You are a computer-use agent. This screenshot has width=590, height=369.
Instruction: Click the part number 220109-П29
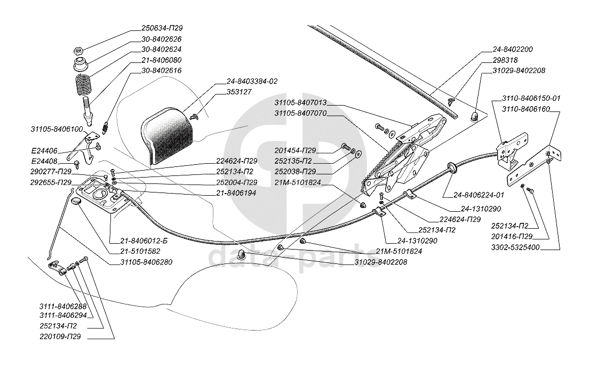click(x=60, y=337)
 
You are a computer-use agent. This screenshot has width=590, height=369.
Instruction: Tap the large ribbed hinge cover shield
click(x=165, y=133)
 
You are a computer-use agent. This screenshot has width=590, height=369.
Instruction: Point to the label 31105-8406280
click(x=146, y=262)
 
